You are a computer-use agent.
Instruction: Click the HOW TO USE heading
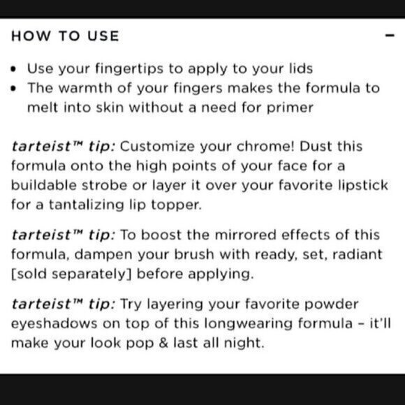point(65,36)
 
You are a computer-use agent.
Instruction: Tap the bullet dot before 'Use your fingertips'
point(15,70)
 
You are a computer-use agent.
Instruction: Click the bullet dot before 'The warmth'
point(15,89)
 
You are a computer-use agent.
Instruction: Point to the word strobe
point(112,188)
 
